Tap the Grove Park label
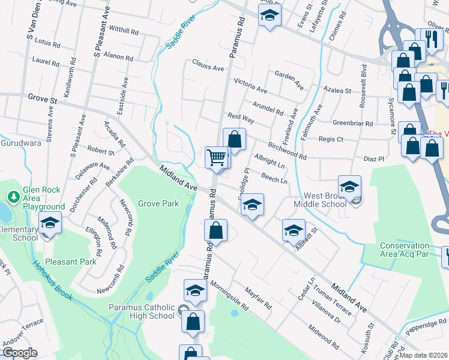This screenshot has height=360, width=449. click(158, 203)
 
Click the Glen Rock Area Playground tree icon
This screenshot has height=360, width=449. click(13, 196)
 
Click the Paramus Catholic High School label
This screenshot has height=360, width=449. click(142, 312)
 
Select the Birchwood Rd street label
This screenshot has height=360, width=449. click(287, 151)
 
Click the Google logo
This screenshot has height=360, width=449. click(20, 353)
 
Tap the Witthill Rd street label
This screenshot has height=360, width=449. click(124, 30)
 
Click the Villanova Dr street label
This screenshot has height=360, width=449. click(326, 312)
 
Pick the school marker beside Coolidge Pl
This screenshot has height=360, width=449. click(253, 205)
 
